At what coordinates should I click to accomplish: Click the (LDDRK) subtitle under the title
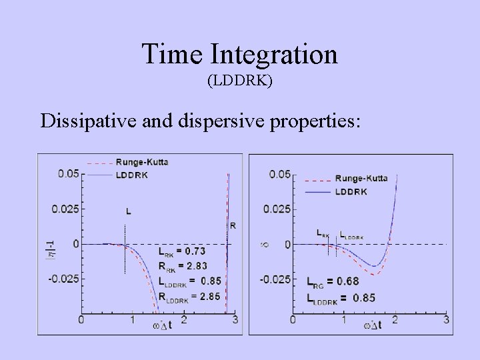240,82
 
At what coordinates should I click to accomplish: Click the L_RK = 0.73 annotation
181,251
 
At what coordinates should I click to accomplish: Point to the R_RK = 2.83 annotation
181,267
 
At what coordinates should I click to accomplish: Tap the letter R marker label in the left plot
232,225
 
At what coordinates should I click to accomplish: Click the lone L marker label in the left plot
129,211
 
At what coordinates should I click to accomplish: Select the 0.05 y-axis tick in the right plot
279,174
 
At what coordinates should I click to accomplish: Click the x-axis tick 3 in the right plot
446,321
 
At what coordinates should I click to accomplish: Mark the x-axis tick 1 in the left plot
133,321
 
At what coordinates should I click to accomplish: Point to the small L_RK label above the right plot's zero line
323,234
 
